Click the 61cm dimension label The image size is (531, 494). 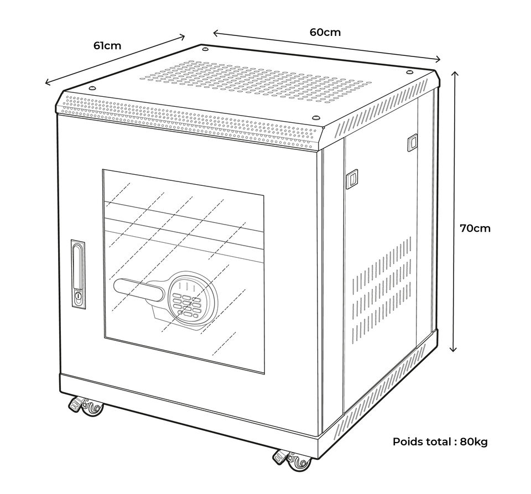pos(107,45)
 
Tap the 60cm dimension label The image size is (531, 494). pos(325,32)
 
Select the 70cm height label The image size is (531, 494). pos(475,228)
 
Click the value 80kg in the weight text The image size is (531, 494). pos(474,441)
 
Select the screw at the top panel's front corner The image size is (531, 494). pos(316,118)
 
